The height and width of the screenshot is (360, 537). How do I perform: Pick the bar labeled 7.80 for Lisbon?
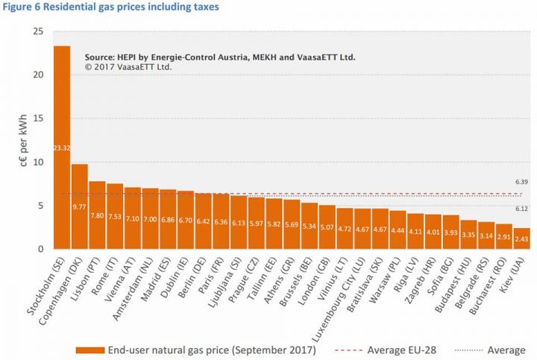tap(98, 215)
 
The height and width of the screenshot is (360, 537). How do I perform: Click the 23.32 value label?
tap(62, 148)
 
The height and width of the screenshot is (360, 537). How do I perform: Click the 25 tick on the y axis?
tap(38, 31)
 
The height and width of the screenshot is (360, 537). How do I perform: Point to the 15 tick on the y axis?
tap(38, 119)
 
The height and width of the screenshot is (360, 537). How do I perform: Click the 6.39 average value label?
tap(522, 183)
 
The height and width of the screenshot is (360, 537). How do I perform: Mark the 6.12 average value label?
tap(522, 209)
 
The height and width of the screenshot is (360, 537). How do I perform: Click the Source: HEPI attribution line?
tap(220, 57)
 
